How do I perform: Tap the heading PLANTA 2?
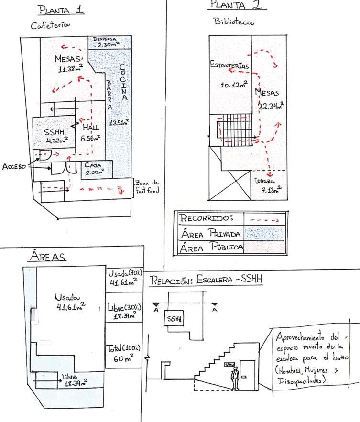coord(237,6)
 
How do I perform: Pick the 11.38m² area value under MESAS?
coord(69,68)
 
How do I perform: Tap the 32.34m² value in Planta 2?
coord(271,106)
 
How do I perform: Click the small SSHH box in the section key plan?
coord(175,319)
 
